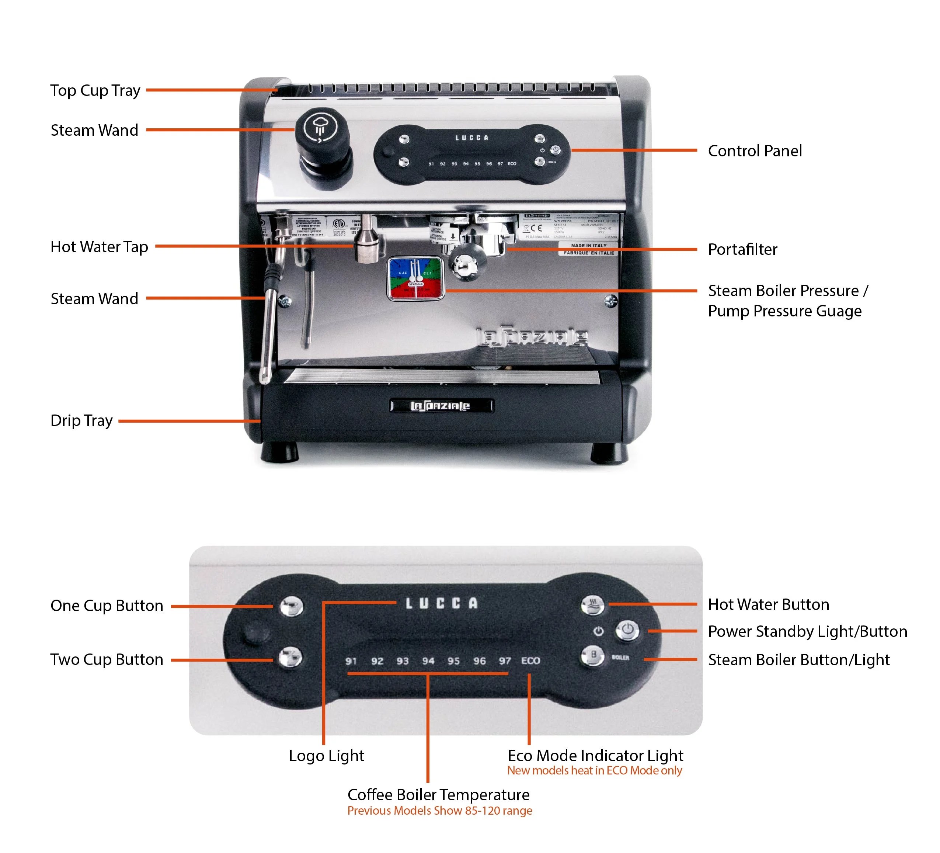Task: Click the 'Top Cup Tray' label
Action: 95,90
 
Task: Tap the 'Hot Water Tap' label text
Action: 99,247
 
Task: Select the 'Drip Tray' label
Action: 81,421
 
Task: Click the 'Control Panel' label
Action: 755,150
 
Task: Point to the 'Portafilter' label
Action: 742,250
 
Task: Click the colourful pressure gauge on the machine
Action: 415,278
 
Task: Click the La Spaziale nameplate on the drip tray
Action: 441,406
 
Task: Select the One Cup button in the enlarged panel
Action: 291,606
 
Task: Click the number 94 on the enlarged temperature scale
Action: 428,661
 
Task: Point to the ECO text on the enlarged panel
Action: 530,660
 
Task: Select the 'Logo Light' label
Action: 326,756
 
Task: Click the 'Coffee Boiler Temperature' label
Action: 438,795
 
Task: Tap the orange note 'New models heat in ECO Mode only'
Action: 595,771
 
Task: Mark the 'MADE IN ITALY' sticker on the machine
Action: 588,245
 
